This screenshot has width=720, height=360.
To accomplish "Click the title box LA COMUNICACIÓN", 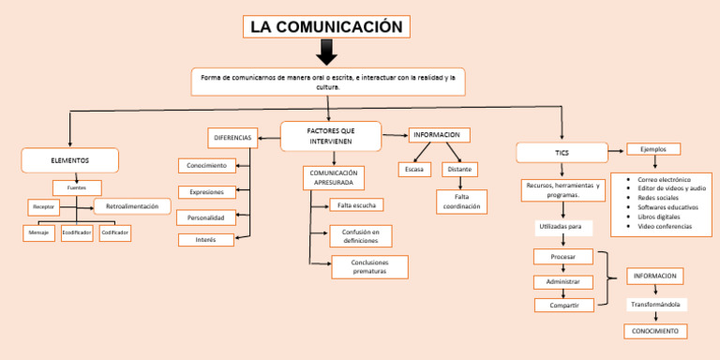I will pos(326,26).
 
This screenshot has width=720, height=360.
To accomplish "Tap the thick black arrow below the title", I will pos(327,52).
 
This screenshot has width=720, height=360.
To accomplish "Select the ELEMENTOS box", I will pos(70,160).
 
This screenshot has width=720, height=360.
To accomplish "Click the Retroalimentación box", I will pos(132,206).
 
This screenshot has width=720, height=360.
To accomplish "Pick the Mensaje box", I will pos(38,232).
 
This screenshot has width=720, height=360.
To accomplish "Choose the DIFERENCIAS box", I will pos(232,139).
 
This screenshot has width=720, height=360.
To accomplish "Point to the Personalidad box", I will pos(205,217).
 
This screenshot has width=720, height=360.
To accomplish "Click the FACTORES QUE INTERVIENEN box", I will pos(331,136).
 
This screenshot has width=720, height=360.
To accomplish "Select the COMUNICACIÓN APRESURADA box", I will pos(333,178).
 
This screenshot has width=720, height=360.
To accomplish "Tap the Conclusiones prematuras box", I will pos(369,267).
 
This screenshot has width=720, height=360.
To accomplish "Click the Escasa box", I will pos(414,170).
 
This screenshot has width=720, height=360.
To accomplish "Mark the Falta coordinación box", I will pos(461,202).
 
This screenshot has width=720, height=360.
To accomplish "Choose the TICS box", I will pos(562,152).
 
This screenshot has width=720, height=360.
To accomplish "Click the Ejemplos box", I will pos(653,149).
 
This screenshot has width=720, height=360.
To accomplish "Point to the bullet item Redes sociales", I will pos(658,198).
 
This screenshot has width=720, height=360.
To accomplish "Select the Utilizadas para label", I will pos(562,227).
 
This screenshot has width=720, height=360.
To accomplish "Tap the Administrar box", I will pos(562,282).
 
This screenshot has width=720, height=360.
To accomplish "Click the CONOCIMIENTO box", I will pos(655,331).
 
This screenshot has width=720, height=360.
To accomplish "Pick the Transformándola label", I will pos(656,305).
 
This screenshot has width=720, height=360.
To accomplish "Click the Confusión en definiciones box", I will pos(360,236).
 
